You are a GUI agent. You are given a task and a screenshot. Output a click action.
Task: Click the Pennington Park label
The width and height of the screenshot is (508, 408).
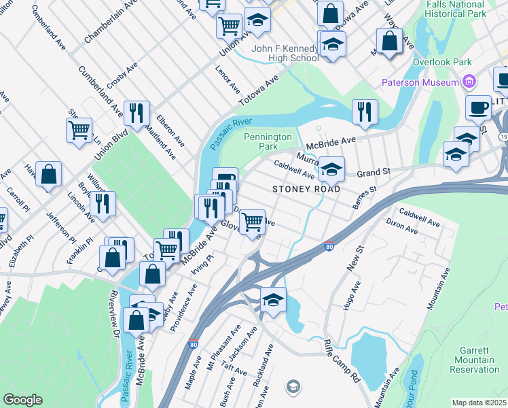268,141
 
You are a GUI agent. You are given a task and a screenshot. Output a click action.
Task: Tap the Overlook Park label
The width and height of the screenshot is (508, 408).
442,62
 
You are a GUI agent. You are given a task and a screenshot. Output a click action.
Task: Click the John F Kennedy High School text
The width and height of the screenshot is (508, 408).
284,53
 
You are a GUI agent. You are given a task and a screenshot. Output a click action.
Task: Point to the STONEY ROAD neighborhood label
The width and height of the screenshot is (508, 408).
306,188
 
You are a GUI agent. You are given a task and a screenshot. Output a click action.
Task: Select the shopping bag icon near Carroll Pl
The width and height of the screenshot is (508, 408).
49,175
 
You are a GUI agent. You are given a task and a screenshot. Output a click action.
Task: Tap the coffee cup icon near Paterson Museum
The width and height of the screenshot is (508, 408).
478,107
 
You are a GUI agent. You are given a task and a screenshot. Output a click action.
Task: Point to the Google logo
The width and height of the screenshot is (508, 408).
22,400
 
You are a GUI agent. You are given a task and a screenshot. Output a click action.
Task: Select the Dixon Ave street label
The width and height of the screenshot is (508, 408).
402,226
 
